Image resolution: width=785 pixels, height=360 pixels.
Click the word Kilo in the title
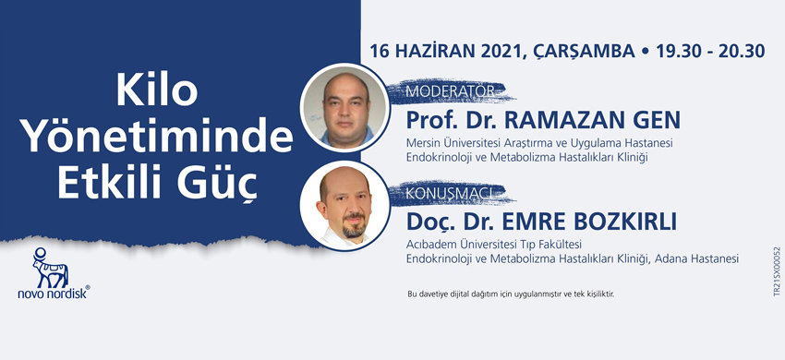click(157, 91)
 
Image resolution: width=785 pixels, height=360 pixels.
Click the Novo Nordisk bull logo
click(50, 268)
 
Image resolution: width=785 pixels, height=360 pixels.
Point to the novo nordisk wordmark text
click(54, 294)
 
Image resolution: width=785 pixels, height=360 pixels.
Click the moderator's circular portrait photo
click(345, 107)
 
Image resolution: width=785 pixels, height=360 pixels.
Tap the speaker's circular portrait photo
click(345, 206)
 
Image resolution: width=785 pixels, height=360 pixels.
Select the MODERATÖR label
click(449, 91)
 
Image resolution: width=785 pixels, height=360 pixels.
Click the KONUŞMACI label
click(453, 193)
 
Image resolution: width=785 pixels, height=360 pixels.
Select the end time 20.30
click(742, 51)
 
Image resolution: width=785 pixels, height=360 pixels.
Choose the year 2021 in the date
click(501, 51)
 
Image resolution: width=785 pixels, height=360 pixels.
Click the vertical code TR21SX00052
click(777, 271)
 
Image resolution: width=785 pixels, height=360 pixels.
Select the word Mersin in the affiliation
click(419, 143)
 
